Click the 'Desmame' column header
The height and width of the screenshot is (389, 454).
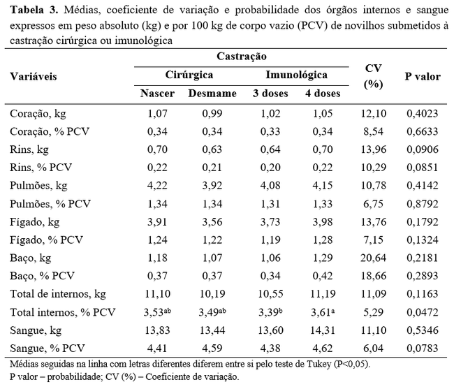point(212,94)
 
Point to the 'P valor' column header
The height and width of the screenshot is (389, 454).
point(423,76)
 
